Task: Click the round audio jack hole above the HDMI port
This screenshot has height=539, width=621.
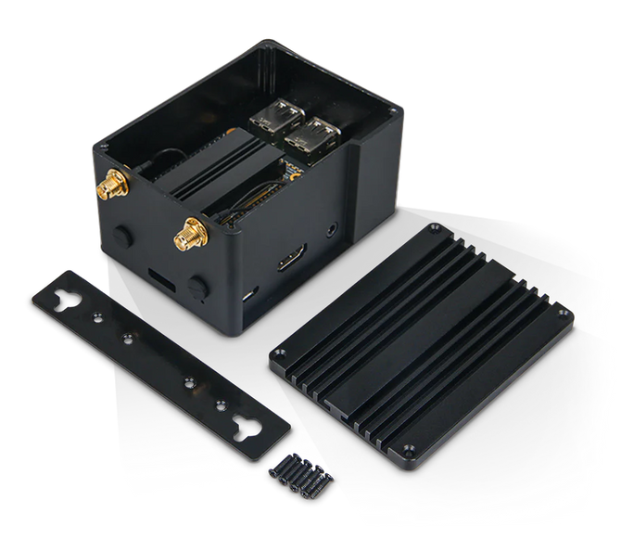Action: click(331, 227)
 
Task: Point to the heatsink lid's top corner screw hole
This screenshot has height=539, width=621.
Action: click(429, 228)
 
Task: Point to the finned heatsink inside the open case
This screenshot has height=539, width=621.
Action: click(199, 172)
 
